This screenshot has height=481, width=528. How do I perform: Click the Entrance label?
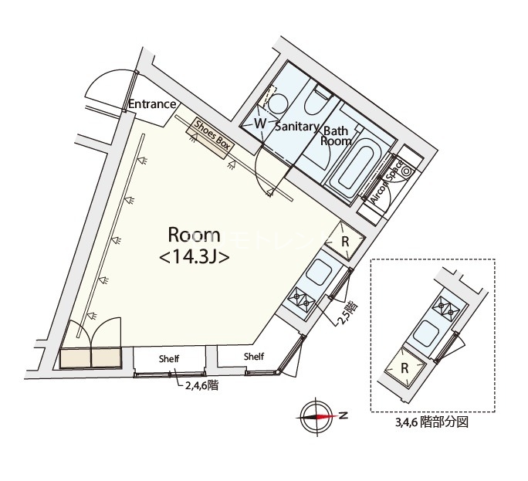pyautogui.click(x=152, y=104)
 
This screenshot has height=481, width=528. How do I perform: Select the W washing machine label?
pyautogui.click(x=260, y=124)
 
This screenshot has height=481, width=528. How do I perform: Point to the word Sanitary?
pyautogui.click(x=296, y=127)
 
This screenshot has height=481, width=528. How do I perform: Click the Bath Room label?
pyautogui.click(x=337, y=136)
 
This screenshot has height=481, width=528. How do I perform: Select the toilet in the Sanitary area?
pyautogui.click(x=317, y=103)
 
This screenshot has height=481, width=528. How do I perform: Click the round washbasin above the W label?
pyautogui.click(x=277, y=103)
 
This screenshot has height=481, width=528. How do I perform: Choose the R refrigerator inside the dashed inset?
pyautogui.click(x=404, y=368)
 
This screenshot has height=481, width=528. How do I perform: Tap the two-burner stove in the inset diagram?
pyautogui.click(x=447, y=309)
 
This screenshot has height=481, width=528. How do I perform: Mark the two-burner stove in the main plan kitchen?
pyautogui.click(x=301, y=300)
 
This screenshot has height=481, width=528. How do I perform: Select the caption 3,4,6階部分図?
pyautogui.click(x=432, y=424)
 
